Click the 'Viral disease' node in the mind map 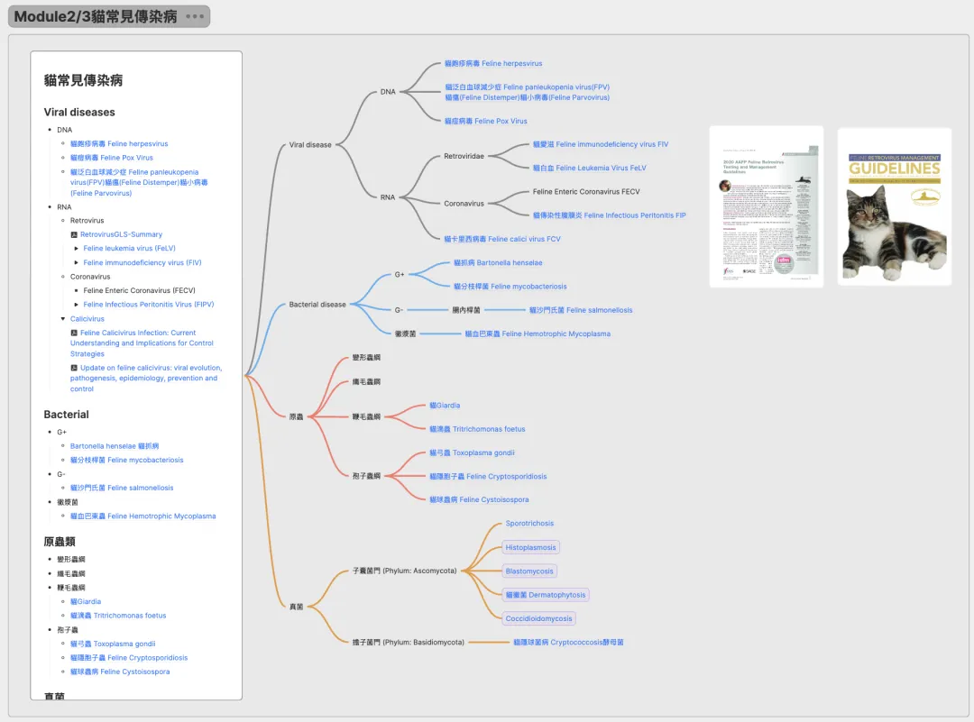point(310,145)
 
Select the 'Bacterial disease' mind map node point(317,305)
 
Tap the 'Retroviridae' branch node point(464,157)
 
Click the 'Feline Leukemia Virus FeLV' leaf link point(589,169)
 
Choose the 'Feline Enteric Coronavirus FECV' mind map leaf point(586,192)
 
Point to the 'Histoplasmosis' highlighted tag point(531,547)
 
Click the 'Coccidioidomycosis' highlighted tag point(539,618)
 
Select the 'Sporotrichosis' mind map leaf point(529,524)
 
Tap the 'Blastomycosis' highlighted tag point(529,571)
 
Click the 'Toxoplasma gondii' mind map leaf point(472,452)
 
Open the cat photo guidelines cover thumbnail point(894,206)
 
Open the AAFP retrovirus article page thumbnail point(766,206)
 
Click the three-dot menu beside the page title point(194,17)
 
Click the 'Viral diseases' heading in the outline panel point(79,113)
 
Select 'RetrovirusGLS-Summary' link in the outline point(121,234)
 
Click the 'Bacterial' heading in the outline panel point(66,415)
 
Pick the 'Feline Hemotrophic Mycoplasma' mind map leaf point(538,334)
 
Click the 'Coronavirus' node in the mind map point(464,204)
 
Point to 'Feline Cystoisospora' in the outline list point(120,672)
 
